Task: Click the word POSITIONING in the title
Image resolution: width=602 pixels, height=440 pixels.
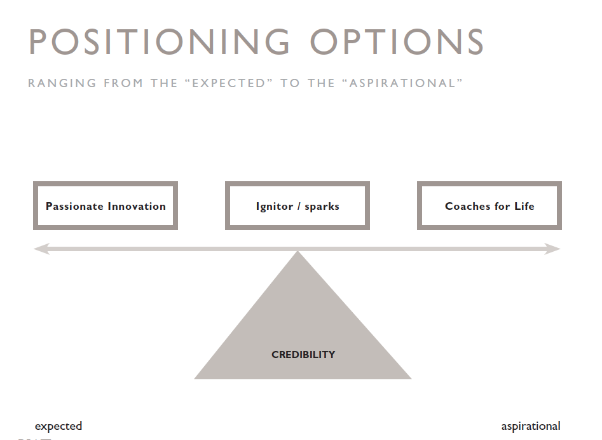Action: pos(160,42)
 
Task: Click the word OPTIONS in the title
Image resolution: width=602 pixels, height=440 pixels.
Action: pos(397,42)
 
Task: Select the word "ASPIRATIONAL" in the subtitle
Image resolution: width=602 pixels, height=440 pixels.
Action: pos(403,83)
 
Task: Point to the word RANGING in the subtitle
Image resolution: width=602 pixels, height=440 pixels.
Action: pos(62,83)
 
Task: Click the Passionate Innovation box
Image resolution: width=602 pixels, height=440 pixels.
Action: pos(106,184)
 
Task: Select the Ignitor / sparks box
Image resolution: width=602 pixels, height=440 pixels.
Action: pos(298,184)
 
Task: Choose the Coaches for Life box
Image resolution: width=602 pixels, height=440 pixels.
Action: pos(489,184)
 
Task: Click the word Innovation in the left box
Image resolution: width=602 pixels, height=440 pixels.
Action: pos(137,206)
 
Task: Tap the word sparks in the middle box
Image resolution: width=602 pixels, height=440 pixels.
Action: pos(322,207)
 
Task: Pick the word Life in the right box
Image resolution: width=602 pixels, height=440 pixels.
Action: pos(524,206)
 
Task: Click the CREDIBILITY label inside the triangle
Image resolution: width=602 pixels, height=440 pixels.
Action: pos(303,354)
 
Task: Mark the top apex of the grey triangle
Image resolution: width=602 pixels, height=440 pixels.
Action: pos(298,251)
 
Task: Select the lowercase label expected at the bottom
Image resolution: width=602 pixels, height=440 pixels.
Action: pos(58,426)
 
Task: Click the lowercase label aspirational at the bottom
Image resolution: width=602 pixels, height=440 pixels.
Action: pos(531,426)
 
